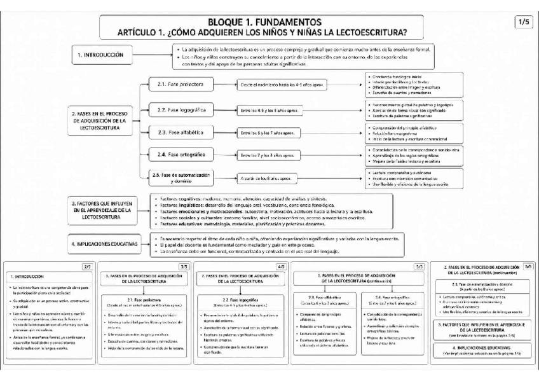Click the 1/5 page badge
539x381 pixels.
coord(524,22)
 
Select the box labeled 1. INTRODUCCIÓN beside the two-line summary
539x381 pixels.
coord(100,55)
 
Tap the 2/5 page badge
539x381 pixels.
coord(87,267)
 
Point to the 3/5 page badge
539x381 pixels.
coord(184,267)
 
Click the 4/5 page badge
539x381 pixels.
coord(282,267)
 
